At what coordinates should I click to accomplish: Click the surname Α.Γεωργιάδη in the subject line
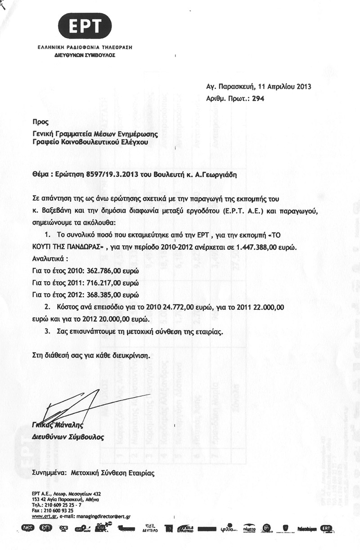point(224,173)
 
